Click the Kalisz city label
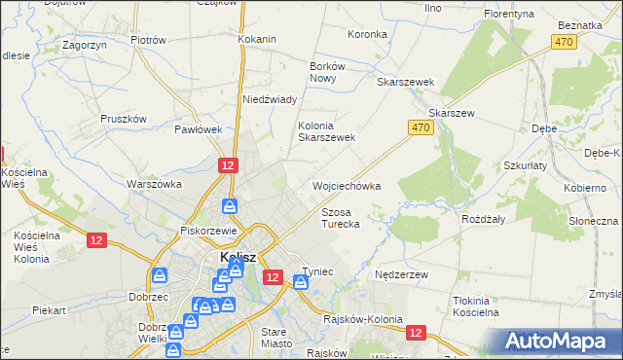[x=238, y=257]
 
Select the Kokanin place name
[x=257, y=40]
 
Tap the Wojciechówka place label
[x=346, y=185]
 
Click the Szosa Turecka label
[x=341, y=218]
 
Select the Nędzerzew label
[x=402, y=274]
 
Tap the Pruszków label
[x=124, y=119]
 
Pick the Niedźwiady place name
[x=270, y=100]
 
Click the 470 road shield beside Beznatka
[x=563, y=42]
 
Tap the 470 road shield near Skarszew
[x=421, y=128]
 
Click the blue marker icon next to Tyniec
[x=301, y=283]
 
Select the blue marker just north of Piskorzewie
[x=229, y=205]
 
